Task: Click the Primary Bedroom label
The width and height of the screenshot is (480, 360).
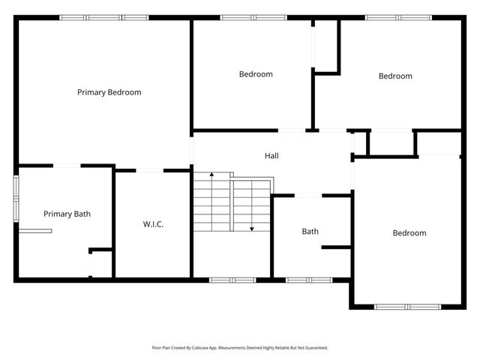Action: [109, 92]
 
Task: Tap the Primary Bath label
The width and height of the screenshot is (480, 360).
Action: [67, 214]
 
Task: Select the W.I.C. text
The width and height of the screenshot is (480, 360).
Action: [153, 224]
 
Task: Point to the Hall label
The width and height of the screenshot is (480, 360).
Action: [271, 156]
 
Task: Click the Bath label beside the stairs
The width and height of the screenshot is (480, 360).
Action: [310, 231]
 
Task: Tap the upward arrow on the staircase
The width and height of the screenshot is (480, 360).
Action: [211, 174]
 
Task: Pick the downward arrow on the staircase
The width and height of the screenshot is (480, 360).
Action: [252, 227]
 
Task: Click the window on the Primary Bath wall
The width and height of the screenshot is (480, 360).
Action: [16, 198]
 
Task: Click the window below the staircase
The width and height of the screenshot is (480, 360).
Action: [232, 280]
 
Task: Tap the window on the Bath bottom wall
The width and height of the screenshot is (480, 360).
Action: [308, 280]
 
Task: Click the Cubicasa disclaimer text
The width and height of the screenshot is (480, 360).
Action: [240, 348]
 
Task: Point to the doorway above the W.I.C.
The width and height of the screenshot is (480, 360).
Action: [149, 171]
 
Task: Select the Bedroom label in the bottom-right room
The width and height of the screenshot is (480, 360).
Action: [409, 233]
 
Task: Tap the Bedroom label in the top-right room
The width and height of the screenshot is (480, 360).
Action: [395, 76]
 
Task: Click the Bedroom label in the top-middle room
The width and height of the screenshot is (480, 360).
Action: [256, 73]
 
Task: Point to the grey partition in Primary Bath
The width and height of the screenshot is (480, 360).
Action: [36, 232]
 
